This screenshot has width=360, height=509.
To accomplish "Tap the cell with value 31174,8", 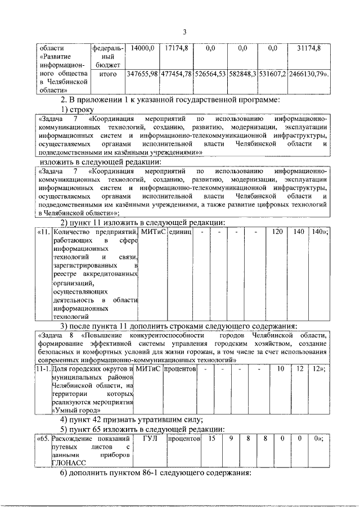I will pos(308,49).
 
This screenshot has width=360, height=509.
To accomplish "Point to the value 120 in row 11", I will pos(277,232).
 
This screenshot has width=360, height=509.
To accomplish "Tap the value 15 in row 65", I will pos(211,438).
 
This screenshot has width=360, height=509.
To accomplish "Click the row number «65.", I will pos(42,438).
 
